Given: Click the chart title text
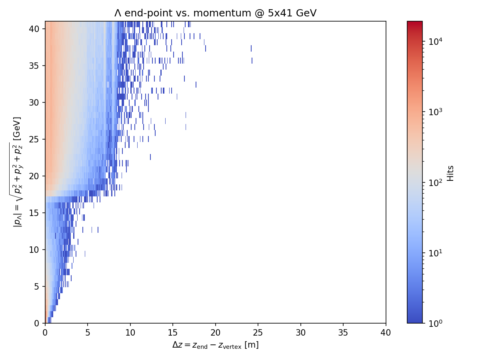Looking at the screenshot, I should (215, 13).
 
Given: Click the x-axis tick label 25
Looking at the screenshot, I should (258, 332).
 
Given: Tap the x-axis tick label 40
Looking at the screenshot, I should (386, 332).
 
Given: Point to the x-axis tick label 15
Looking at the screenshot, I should (173, 332).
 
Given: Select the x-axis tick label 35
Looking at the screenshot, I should (343, 332).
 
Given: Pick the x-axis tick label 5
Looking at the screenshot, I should (88, 332).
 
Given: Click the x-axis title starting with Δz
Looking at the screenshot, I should (215, 345).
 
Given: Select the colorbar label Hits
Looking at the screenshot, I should (451, 173).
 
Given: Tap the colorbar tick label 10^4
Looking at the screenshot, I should (434, 42).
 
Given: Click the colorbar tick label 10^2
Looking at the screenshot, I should (434, 183).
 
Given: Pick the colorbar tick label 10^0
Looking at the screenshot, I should (434, 323).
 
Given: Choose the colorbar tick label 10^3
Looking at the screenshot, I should (434, 112).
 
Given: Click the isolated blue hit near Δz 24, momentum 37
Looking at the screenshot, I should (251, 48).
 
